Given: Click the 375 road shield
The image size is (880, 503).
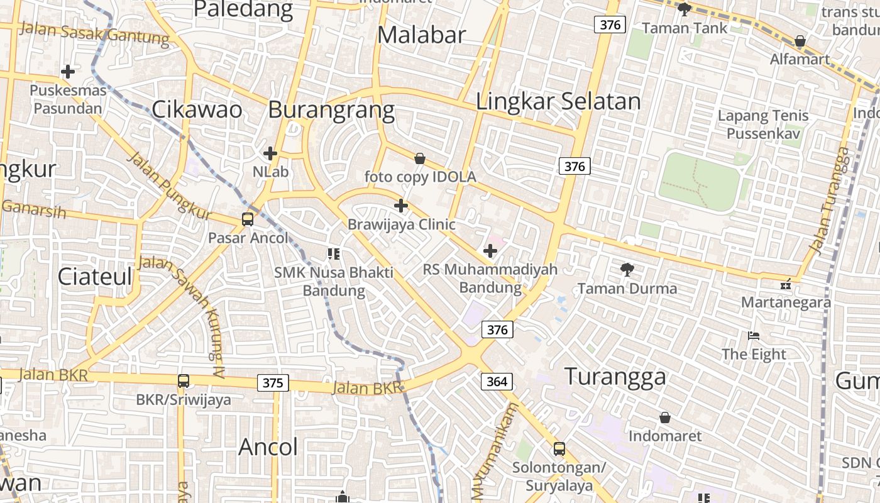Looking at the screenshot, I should pyautogui.click(x=273, y=383).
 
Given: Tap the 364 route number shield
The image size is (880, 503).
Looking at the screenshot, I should pyautogui.click(x=497, y=381).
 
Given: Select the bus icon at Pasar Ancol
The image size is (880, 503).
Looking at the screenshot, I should pyautogui.click(x=248, y=219).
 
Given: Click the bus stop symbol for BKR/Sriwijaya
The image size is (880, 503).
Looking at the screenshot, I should pyautogui.click(x=184, y=381).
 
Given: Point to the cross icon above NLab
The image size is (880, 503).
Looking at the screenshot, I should pyautogui.click(x=270, y=153).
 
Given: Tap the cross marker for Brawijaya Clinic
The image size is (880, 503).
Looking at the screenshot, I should pyautogui.click(x=401, y=206).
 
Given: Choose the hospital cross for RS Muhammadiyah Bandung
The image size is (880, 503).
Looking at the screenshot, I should pyautogui.click(x=490, y=251).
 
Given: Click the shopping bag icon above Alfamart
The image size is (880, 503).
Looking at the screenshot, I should pyautogui.click(x=800, y=41).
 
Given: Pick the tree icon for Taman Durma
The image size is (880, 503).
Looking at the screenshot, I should pyautogui.click(x=627, y=270).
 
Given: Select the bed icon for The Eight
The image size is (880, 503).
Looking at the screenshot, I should pyautogui.click(x=754, y=336).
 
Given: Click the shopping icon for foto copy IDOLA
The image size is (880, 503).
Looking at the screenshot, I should pyautogui.click(x=420, y=158).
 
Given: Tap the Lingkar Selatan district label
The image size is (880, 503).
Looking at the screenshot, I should pyautogui.click(x=558, y=101).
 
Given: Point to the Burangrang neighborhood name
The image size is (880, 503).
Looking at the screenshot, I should pyautogui.click(x=331, y=109).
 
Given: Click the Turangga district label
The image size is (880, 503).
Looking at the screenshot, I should pyautogui.click(x=615, y=377).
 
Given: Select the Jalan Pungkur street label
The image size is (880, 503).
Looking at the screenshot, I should pyautogui.click(x=170, y=185).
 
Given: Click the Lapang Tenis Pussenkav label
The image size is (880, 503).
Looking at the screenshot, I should pyautogui.click(x=763, y=124).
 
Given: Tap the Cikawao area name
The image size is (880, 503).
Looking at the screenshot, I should pyautogui.click(x=197, y=109).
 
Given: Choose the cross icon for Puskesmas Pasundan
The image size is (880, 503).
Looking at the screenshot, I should pyautogui.click(x=68, y=72).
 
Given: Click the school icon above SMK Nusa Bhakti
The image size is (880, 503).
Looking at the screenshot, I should pyautogui.click(x=334, y=254).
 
